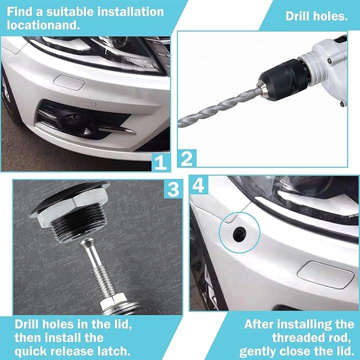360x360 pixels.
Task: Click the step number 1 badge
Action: [160, 162]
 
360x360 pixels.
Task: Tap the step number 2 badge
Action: [187, 158]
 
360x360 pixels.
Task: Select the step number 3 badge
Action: [173, 189]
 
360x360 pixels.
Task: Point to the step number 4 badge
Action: [198, 185]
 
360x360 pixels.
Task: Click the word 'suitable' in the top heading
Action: [70, 12]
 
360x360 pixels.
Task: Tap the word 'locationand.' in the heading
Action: [43, 25]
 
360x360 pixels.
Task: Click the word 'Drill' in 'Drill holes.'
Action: [298, 16]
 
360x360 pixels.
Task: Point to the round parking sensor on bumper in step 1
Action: [93, 104]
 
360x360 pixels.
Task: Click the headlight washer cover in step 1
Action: [68, 82]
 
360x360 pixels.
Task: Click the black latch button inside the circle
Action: [239, 234]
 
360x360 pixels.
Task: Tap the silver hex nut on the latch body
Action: [69, 206]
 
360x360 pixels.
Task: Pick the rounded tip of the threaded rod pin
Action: [88, 242]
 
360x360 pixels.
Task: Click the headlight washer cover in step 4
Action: [326, 275]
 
